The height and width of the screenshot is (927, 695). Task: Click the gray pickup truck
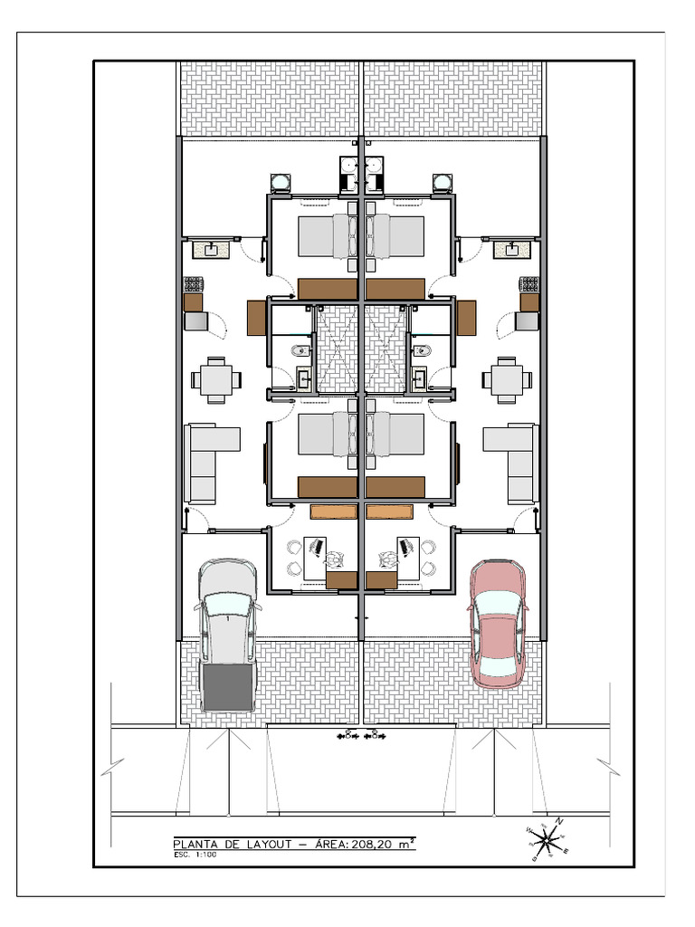pos(227,634)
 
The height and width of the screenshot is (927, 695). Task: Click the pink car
pos(497,622)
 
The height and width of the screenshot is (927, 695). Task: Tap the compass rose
pos(547,840)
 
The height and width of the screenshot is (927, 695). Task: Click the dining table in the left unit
pos(216,380)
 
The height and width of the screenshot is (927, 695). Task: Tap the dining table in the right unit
pos(507,380)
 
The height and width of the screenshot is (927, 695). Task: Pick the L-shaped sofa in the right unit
pos(515,462)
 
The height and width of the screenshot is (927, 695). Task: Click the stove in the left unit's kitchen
pos(194,283)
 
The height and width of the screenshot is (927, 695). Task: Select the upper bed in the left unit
pos(326,236)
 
